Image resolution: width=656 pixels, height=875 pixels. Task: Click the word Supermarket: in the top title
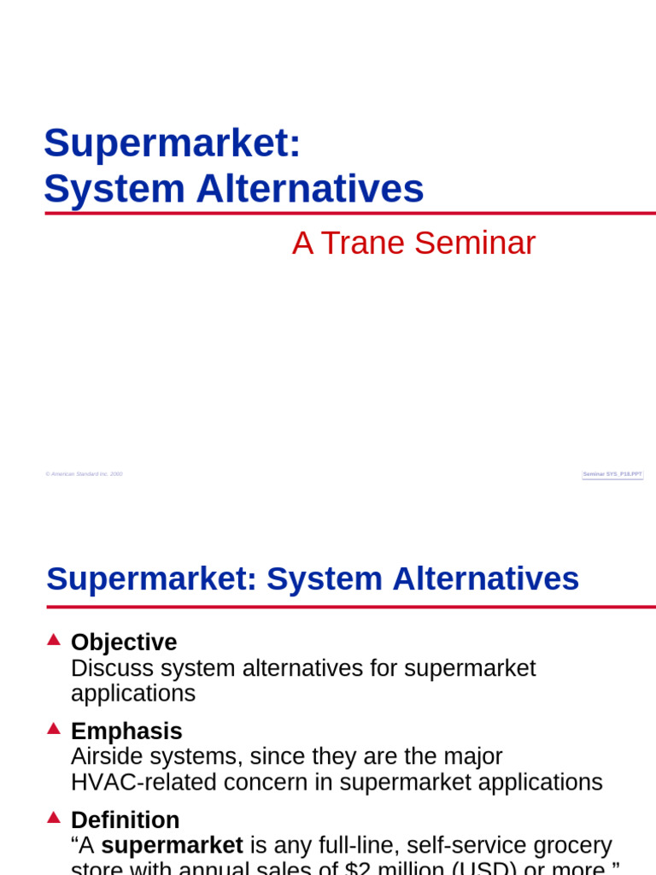[172, 144]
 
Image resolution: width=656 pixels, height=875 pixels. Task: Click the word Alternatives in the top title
[309, 189]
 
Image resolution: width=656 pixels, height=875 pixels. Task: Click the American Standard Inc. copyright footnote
[84, 473]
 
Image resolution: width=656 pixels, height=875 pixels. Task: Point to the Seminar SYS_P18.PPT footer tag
[612, 473]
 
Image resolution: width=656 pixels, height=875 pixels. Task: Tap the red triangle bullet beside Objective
[54, 639]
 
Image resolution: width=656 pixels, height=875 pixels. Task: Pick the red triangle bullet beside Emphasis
[54, 728]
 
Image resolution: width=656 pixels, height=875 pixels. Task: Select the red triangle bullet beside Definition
[54, 817]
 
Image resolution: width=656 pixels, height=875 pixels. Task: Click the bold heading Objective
[124, 643]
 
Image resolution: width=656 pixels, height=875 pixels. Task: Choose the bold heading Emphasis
[126, 731]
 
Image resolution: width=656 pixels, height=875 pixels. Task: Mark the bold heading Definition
[125, 820]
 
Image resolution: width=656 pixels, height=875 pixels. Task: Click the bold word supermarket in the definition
[172, 846]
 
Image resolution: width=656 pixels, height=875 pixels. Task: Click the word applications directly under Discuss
[133, 694]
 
